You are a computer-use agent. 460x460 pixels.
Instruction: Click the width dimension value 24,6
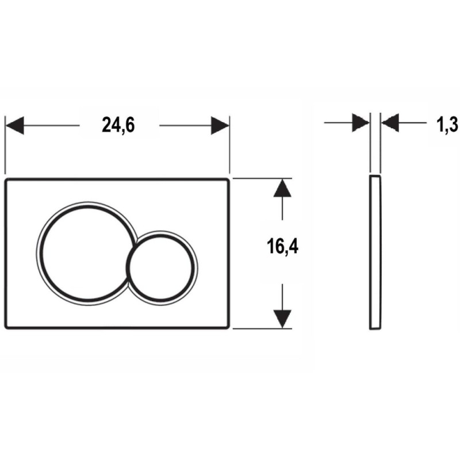[x=118, y=125]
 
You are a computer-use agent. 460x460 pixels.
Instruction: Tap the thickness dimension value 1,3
[x=447, y=124]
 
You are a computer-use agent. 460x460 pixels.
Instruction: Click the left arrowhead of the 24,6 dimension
[x=15, y=125]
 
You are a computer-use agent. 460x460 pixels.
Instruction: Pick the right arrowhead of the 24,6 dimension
[x=220, y=125]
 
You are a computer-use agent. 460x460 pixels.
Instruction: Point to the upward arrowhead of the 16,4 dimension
[x=282, y=188]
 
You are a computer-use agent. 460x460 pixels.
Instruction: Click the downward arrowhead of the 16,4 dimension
[x=282, y=319]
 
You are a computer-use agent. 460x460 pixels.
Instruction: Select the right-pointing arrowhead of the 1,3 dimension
[x=361, y=122]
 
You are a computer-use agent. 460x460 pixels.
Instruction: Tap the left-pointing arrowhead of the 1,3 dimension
[x=390, y=122]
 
